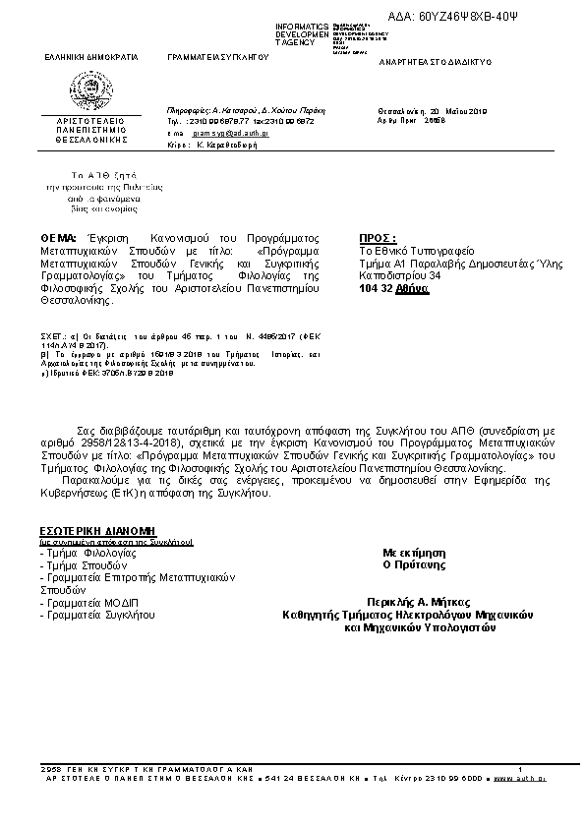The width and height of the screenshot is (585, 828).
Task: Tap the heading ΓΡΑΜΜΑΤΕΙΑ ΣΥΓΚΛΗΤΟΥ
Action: (x=218, y=59)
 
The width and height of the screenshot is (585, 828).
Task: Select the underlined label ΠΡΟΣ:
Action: (x=378, y=239)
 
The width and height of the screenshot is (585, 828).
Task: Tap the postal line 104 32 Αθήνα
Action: (x=394, y=289)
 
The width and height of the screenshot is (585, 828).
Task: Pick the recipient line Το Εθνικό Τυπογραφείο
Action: (x=417, y=251)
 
